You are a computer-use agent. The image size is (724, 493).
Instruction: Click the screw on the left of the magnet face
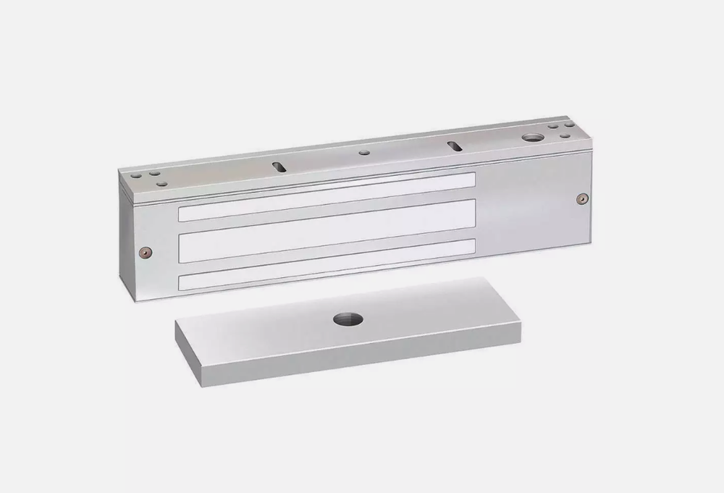coord(146,252)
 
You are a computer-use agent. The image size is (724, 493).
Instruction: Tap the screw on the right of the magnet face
coord(580,198)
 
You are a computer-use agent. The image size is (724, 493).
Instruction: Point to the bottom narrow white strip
coord(326,266)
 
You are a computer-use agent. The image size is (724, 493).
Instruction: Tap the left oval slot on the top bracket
coord(277,166)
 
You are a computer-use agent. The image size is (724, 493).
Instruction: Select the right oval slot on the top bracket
coord(453,146)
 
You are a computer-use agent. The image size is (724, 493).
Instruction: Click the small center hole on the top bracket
coord(365,153)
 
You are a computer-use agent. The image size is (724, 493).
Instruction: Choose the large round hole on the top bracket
coord(533,138)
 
